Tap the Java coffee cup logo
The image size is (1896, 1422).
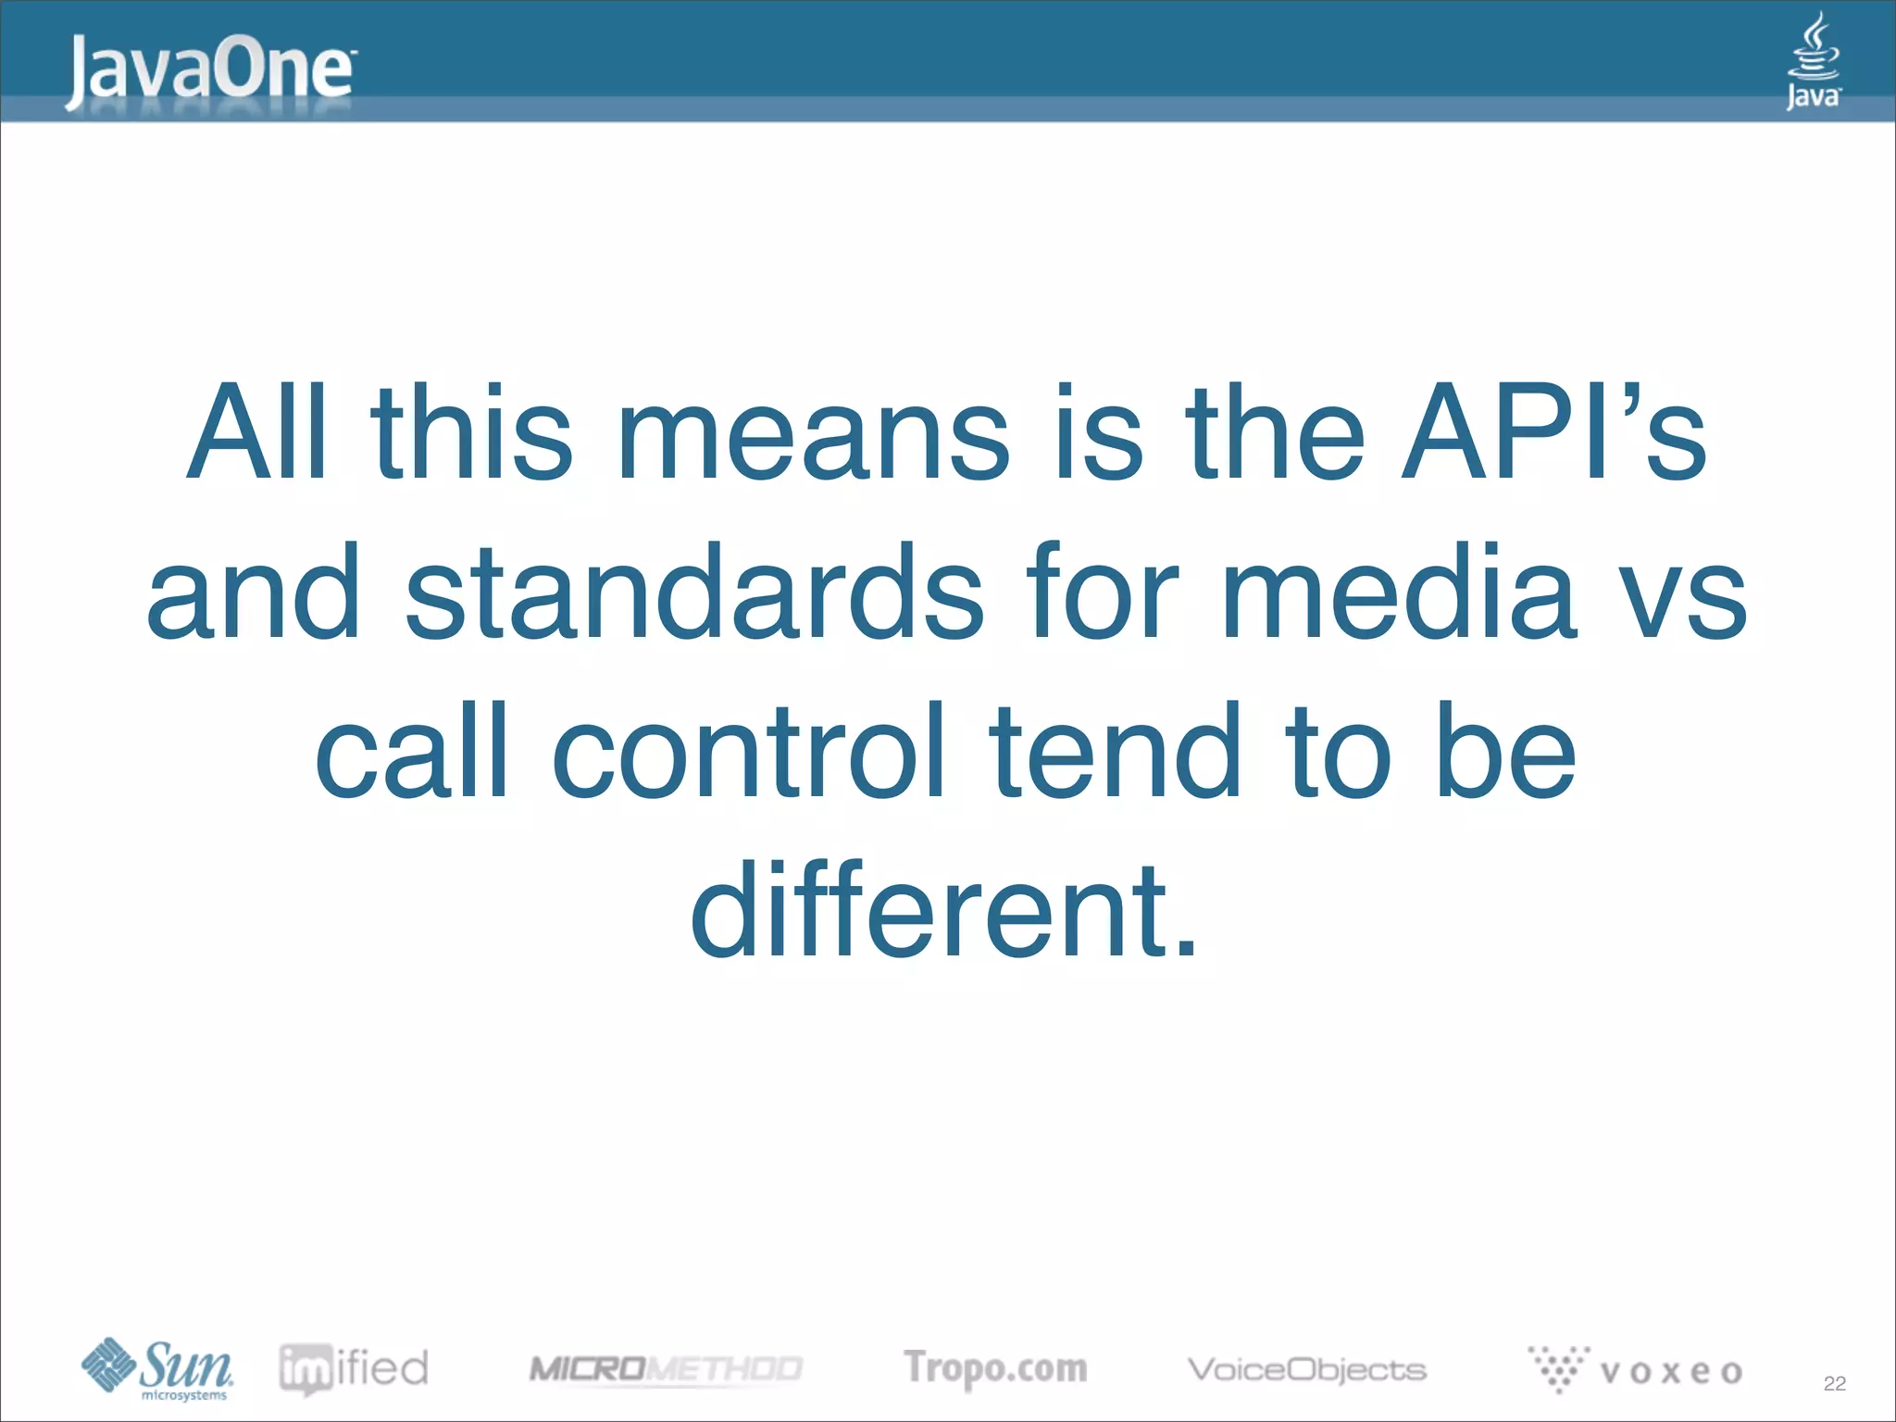[x=1813, y=61]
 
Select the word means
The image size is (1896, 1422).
[x=812, y=433]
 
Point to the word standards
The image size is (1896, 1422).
[x=694, y=592]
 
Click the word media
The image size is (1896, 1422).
[x=1398, y=592]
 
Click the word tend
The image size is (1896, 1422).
[x=1115, y=752]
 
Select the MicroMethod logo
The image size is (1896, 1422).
[x=665, y=1368]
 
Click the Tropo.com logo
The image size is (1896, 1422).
[x=995, y=1368]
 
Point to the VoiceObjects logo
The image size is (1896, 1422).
[x=1306, y=1369]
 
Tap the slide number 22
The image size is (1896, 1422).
[x=1834, y=1383]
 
